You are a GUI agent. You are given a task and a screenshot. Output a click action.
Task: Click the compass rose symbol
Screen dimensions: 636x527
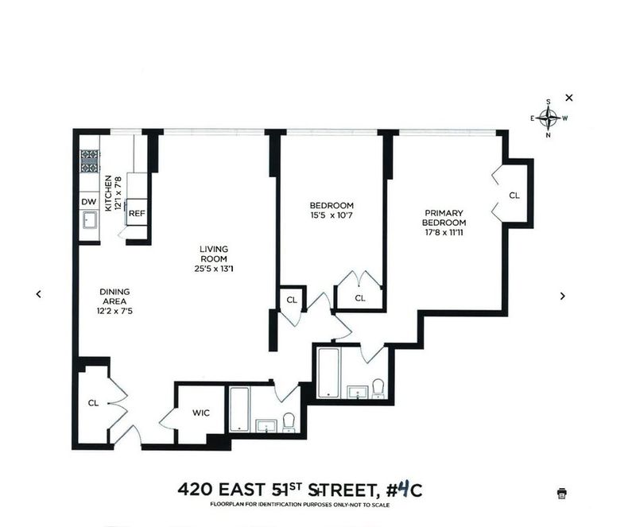click(x=549, y=118)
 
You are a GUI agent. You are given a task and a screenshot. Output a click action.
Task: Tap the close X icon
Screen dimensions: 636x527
click(x=569, y=98)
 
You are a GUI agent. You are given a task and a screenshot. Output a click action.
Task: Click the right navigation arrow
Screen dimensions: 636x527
click(x=563, y=296)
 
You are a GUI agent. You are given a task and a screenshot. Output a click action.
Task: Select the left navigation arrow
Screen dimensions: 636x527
click(x=38, y=294)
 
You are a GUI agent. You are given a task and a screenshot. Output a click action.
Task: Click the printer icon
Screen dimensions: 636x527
click(x=562, y=493)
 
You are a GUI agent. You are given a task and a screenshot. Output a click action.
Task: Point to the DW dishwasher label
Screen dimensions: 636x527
click(x=89, y=202)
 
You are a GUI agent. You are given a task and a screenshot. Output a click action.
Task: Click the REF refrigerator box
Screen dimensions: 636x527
click(x=137, y=212)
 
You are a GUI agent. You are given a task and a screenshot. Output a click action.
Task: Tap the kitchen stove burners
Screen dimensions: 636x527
click(x=89, y=161)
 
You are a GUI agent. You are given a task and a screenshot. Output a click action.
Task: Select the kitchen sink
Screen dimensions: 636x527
click(x=89, y=221)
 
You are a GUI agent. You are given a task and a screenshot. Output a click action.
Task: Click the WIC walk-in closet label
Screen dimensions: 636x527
click(x=201, y=413)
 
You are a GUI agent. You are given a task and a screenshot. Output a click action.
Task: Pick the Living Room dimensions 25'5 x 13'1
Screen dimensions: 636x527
click(x=214, y=269)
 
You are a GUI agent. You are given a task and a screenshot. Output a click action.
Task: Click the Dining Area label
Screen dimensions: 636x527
click(x=114, y=296)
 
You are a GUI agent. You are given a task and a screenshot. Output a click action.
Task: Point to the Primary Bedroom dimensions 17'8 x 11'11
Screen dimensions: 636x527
click(x=444, y=232)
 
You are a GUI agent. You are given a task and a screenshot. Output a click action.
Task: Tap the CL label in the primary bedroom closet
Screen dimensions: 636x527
click(x=514, y=196)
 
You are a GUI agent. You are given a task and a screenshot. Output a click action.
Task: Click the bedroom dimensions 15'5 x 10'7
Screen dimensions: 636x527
click(x=332, y=215)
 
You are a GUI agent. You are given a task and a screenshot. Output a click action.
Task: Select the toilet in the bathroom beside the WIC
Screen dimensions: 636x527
click(x=289, y=423)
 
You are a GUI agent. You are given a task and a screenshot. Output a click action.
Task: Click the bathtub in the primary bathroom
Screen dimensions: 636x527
click(x=328, y=373)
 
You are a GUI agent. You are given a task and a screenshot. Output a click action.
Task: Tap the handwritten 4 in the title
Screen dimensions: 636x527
click(x=401, y=489)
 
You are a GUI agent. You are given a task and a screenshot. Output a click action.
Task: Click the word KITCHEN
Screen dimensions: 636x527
click(x=108, y=193)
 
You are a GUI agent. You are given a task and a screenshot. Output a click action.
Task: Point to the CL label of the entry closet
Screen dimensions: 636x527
click(x=93, y=403)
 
